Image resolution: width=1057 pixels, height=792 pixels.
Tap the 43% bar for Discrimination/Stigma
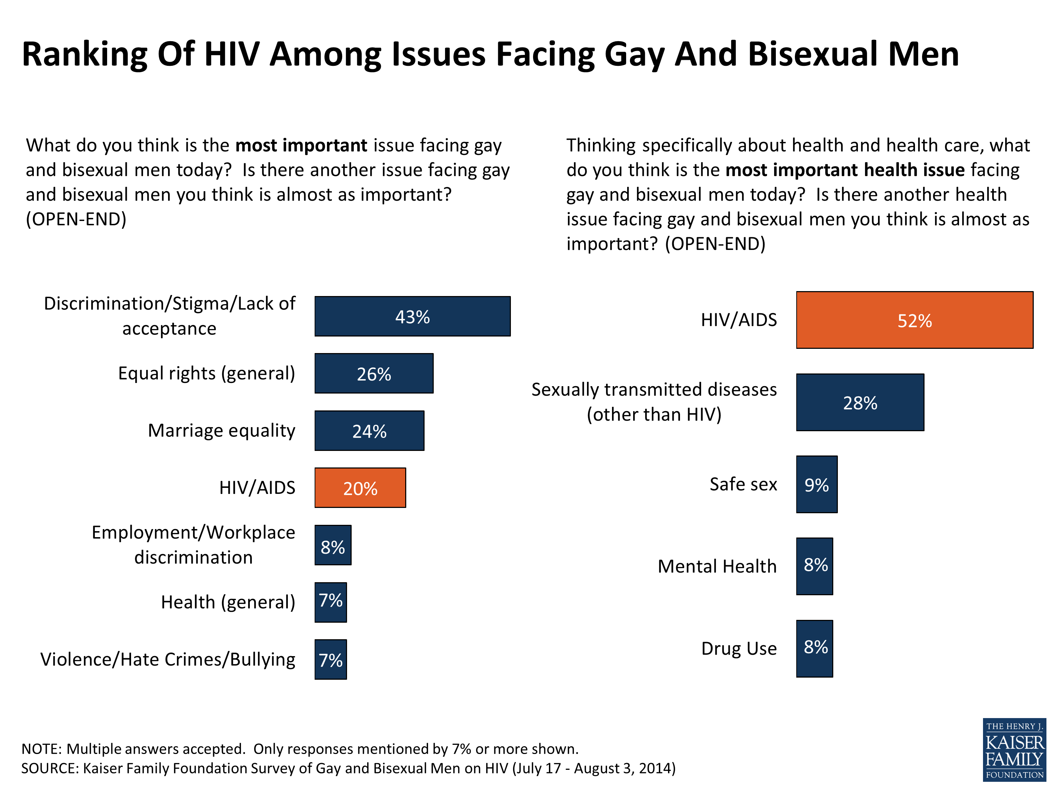[x=412, y=316]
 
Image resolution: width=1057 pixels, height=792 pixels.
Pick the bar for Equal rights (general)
[x=374, y=373]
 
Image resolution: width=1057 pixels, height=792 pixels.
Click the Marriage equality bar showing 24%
[x=369, y=430]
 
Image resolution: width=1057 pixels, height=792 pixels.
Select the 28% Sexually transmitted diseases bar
[x=860, y=402]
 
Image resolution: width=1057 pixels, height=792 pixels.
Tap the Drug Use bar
[x=814, y=648]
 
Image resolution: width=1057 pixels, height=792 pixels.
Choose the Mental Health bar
[x=814, y=566]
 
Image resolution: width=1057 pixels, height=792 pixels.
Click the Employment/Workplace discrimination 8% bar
[x=333, y=545]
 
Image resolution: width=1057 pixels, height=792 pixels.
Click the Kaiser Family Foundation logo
[x=1014, y=749]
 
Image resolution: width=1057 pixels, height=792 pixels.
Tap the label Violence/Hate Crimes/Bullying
[x=168, y=659]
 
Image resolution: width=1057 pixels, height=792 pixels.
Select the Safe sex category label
[x=743, y=484]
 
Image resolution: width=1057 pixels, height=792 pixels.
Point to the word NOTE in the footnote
[x=42, y=749]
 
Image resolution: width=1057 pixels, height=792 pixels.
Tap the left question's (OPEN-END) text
[x=76, y=219]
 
